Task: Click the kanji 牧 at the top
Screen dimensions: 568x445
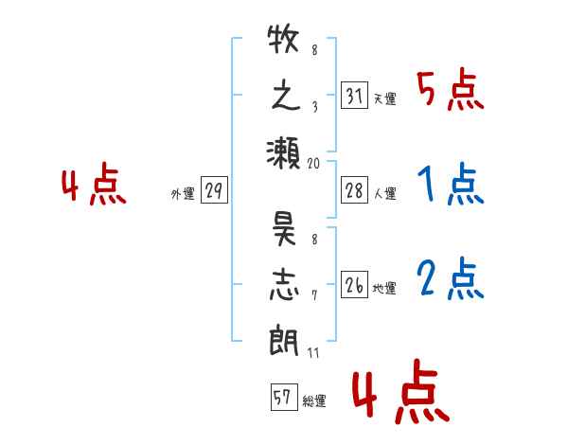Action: [x=283, y=39]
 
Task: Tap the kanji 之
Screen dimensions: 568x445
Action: [x=286, y=97]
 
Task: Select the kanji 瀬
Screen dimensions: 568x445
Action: [x=283, y=153]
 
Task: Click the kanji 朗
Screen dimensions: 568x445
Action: [x=284, y=341]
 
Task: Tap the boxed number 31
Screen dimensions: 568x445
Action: [x=354, y=95]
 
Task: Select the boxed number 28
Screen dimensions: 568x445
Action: [x=354, y=190]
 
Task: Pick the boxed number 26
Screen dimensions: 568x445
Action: [x=354, y=284]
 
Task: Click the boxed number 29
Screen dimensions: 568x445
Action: [x=214, y=190]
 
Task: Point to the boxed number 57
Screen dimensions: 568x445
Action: [x=284, y=397]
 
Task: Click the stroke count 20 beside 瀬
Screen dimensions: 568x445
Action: [x=313, y=164]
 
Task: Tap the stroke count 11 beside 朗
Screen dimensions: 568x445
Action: [x=313, y=352]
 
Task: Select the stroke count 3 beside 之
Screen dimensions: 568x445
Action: [x=315, y=107]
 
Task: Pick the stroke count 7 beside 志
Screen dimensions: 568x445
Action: [x=314, y=295]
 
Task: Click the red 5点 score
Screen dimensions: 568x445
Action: [x=451, y=90]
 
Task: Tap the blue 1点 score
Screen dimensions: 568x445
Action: [x=451, y=184]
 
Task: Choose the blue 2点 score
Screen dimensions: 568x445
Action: [x=451, y=278]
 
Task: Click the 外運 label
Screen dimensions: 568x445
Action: [x=183, y=194]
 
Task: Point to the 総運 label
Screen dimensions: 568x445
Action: [x=314, y=401]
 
